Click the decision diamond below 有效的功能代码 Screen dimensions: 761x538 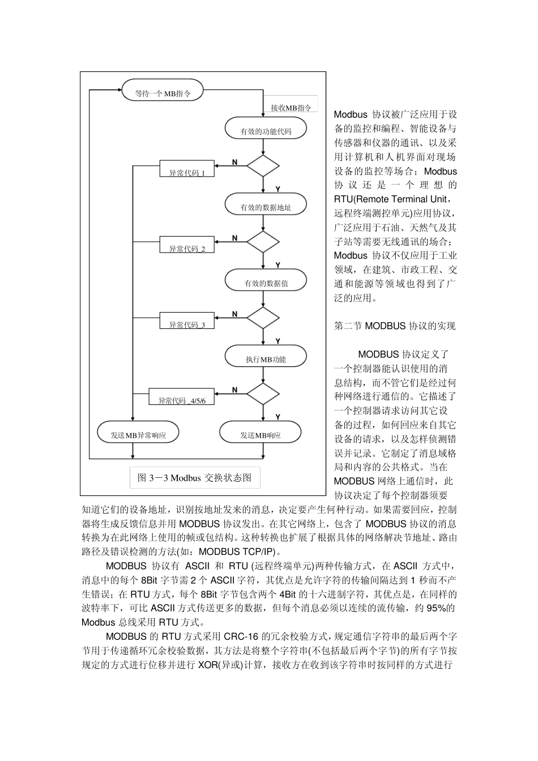tap(263, 166)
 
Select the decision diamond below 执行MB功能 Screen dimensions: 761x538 tap(263, 394)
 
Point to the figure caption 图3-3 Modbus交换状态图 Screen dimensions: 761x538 tap(195, 477)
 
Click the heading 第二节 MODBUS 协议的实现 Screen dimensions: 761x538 tap(395, 326)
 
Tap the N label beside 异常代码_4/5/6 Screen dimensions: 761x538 tap(235, 390)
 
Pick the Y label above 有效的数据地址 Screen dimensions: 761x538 tap(278, 189)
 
